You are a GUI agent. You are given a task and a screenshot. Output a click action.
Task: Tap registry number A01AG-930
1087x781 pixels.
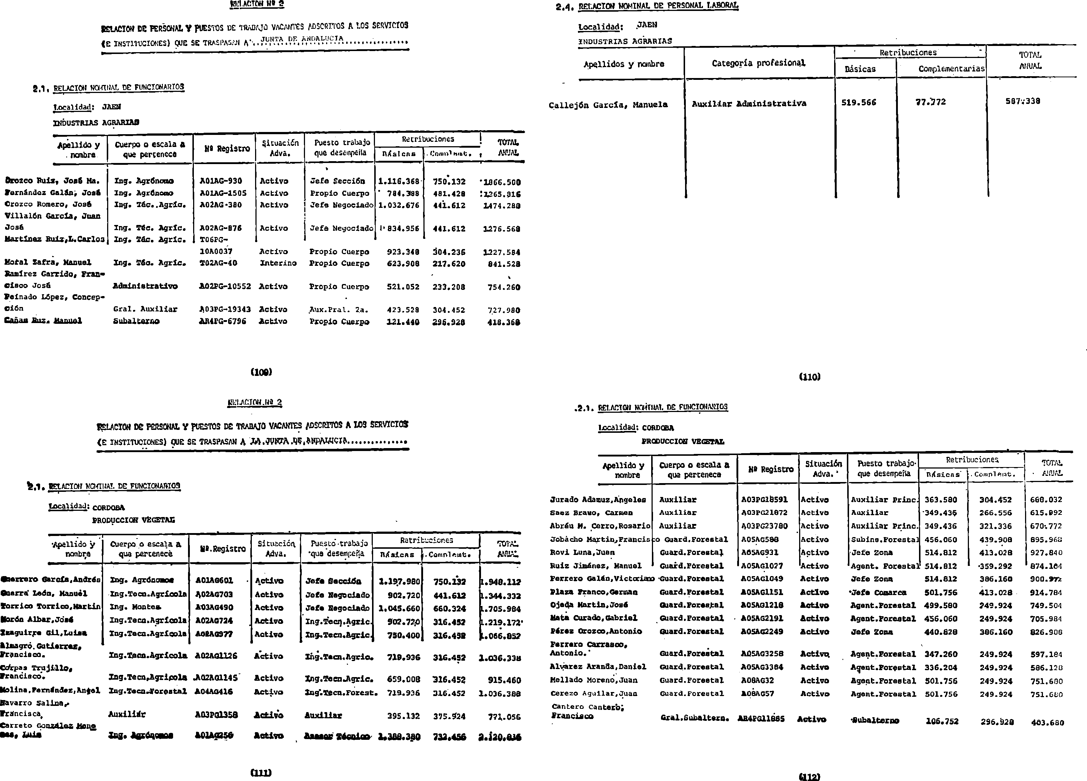point(221,181)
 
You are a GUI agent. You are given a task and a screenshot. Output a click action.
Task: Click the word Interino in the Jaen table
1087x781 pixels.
point(278,263)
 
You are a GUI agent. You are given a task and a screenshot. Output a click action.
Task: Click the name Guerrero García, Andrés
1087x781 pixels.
point(51,580)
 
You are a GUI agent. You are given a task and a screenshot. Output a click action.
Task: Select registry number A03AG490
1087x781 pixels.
point(214,607)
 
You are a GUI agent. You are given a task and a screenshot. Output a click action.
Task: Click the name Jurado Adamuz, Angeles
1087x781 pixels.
point(598,500)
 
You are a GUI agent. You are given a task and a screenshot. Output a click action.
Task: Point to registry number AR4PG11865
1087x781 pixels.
point(761,719)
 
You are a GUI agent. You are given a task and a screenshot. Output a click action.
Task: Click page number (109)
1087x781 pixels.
point(261,372)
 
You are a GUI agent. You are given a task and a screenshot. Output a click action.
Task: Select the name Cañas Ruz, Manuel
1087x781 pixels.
point(43,321)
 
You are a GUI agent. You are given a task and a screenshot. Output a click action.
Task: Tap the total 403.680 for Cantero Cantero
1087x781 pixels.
point(1047,723)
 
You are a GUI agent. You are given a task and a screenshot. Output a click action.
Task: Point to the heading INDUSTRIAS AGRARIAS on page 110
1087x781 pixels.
point(625,41)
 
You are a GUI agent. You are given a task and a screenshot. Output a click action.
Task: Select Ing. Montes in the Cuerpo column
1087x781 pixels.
point(129,607)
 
